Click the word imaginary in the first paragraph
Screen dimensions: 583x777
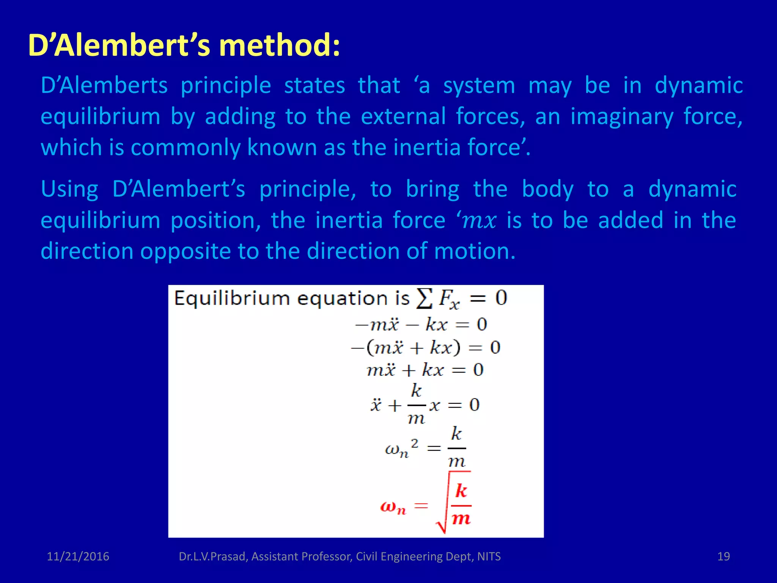pyautogui.click(x=622, y=117)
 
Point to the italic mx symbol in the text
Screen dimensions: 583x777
pyautogui.click(x=479, y=221)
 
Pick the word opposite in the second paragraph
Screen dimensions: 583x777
pyautogui.click(x=185, y=252)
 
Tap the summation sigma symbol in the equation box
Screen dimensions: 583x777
pyautogui.click(x=424, y=299)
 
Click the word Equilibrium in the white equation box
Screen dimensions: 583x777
pyautogui.click(x=232, y=299)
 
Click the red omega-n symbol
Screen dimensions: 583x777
pyautogui.click(x=393, y=507)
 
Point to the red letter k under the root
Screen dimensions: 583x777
pyautogui.click(x=461, y=491)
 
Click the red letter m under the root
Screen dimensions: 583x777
pyautogui.click(x=461, y=518)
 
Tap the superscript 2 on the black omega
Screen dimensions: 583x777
pyautogui.click(x=415, y=443)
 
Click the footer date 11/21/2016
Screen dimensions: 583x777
pyautogui.click(x=78, y=556)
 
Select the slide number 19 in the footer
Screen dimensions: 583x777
pyautogui.click(x=724, y=556)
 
